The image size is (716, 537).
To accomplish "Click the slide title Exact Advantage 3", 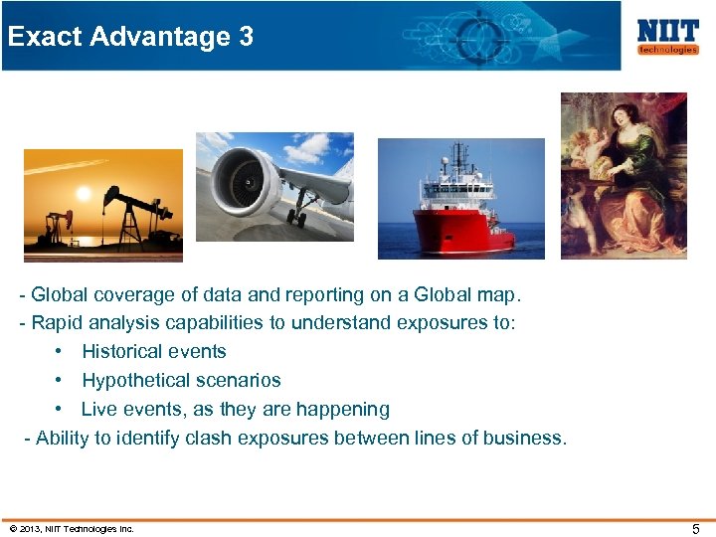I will click(x=129, y=37).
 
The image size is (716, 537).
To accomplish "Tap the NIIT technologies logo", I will click(x=666, y=36).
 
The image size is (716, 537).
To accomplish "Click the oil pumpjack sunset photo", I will click(x=103, y=205).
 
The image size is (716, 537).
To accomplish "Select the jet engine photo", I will click(x=274, y=186).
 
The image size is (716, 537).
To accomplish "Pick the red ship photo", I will click(x=460, y=199).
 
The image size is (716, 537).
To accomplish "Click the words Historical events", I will click(x=154, y=351).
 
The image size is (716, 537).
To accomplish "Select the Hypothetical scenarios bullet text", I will click(x=181, y=380).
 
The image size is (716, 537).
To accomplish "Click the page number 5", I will click(x=696, y=529).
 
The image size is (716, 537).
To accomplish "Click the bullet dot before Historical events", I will click(x=62, y=351).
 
